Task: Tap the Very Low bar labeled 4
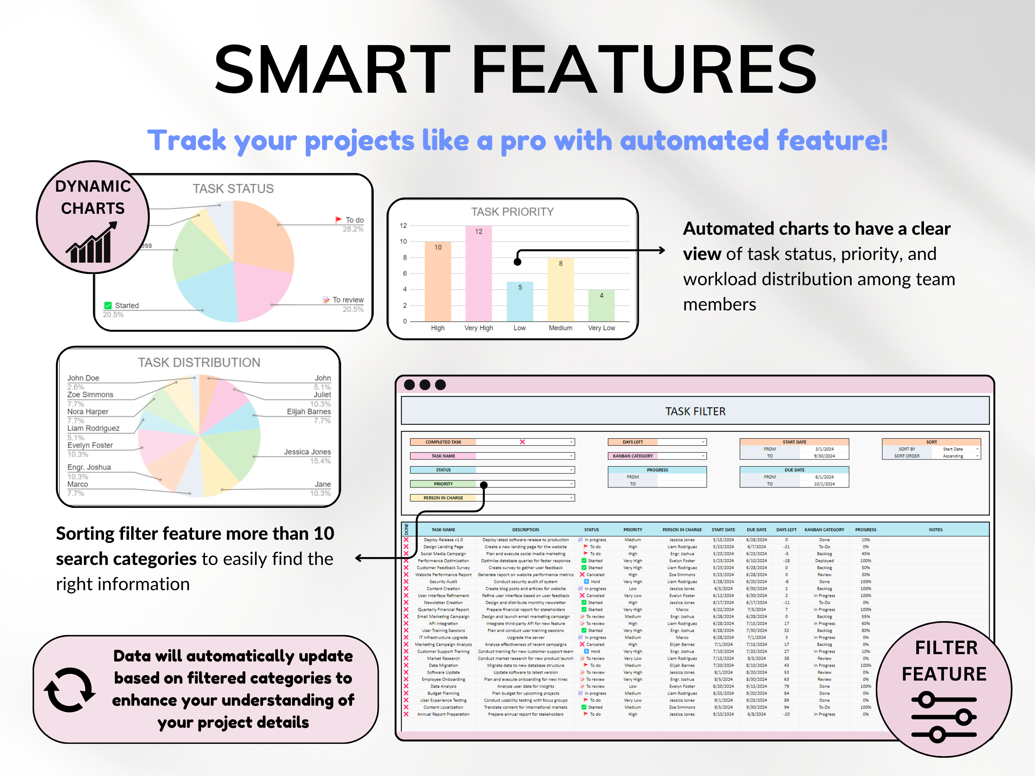coord(601,305)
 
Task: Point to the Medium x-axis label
coord(560,328)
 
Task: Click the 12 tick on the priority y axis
coord(403,225)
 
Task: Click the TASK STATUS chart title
coord(233,189)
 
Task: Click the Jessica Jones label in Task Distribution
coord(307,452)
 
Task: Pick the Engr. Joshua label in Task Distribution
coord(89,467)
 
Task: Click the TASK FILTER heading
coord(695,411)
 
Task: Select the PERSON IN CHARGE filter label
coord(443,498)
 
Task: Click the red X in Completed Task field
coord(522,442)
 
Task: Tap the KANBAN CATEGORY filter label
coord(633,456)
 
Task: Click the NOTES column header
coord(935,530)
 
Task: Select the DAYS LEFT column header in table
coord(786,530)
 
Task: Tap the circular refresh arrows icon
coord(69,689)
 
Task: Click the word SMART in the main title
coord(332,69)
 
